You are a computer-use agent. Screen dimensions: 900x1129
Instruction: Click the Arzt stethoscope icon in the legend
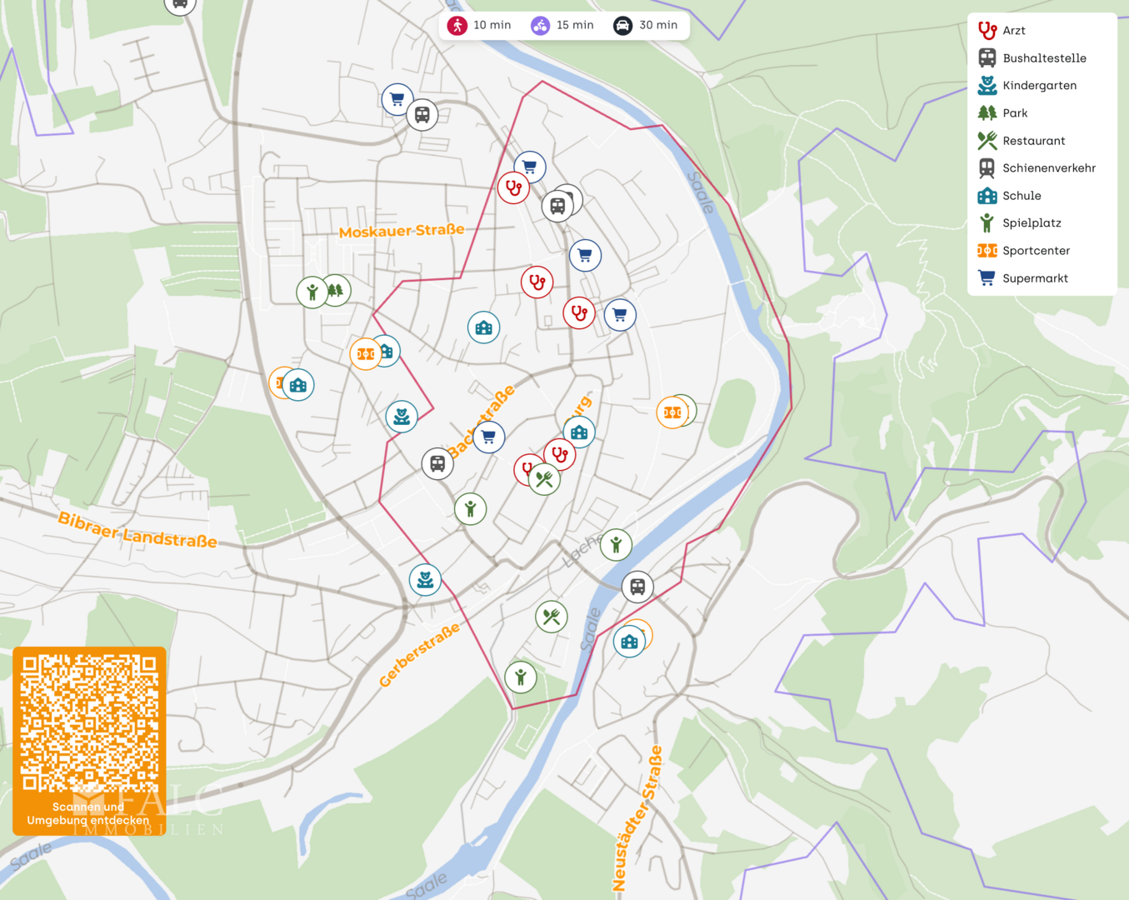987,31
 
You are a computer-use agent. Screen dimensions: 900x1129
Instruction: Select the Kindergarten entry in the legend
1039,86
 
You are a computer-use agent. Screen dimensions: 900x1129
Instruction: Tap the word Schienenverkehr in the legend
1048,168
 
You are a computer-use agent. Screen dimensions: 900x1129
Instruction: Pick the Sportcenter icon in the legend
987,251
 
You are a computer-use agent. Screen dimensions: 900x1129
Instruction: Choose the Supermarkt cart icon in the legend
987,278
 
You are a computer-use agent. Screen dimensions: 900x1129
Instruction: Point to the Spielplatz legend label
1032,223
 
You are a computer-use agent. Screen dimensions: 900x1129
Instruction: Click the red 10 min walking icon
457,26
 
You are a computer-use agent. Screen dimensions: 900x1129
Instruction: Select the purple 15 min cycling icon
541,26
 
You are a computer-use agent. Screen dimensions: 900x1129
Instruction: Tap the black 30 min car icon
623,26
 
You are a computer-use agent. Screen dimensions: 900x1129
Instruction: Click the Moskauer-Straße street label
402,231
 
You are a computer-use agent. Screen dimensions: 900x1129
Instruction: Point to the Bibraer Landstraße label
137,530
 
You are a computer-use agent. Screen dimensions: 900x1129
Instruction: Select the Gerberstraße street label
419,655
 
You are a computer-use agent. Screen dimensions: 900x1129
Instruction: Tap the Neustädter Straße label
637,818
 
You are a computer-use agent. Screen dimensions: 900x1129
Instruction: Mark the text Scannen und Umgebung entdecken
88,814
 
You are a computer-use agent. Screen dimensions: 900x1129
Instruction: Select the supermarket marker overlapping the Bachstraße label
489,437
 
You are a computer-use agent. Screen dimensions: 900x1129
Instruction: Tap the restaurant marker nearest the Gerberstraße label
551,617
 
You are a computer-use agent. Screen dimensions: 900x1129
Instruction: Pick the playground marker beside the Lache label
616,545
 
